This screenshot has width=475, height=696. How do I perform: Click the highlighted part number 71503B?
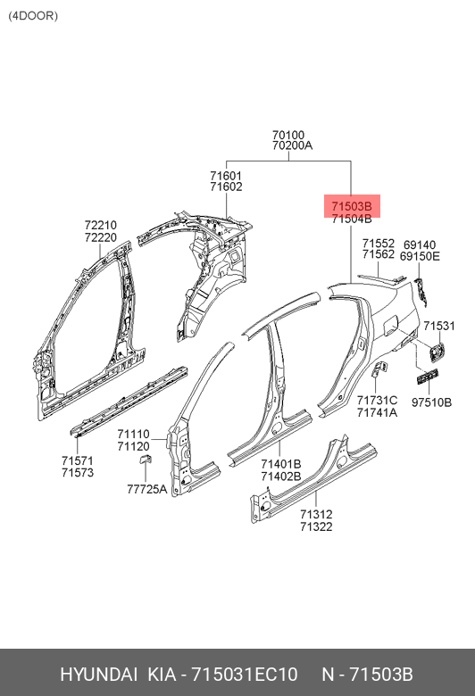click(352, 206)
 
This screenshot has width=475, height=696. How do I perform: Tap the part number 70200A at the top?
click(292, 145)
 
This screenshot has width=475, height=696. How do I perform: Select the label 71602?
click(226, 186)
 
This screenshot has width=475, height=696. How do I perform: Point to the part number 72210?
click(101, 225)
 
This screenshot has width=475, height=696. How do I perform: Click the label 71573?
click(78, 473)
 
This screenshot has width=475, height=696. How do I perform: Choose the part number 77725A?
click(147, 489)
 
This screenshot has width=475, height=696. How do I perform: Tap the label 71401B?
click(281, 464)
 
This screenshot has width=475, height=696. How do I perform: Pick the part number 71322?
click(316, 526)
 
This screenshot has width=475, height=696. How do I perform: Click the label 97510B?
click(432, 402)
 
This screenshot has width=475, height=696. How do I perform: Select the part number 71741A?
click(378, 413)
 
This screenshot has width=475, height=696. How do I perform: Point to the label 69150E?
click(420, 257)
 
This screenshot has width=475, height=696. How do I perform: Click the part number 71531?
click(439, 327)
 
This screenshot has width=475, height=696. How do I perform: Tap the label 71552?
click(379, 244)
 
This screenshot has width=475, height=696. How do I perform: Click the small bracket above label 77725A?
click(146, 459)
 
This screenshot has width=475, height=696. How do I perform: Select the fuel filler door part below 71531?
click(436, 350)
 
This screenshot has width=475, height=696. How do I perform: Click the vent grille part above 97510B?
click(428, 376)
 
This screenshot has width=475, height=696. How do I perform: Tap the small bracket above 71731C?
click(379, 369)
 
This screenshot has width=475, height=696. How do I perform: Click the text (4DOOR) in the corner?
click(33, 16)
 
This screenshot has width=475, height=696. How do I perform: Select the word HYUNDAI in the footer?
click(98, 675)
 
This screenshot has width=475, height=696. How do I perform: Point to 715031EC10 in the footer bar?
click(245, 675)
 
